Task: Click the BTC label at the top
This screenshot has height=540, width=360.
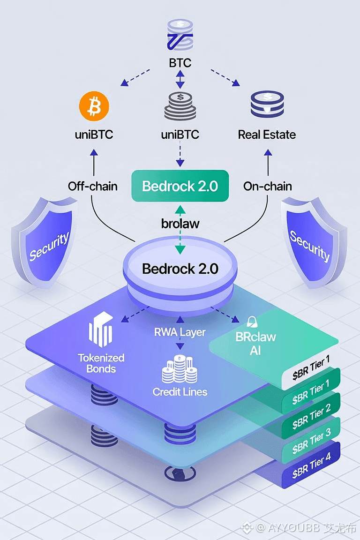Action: pyautogui.click(x=180, y=63)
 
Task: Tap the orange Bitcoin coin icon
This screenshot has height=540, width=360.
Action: pyautogui.click(x=94, y=106)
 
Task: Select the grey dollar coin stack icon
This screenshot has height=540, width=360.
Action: pyautogui.click(x=180, y=106)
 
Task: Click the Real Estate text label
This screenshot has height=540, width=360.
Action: pyautogui.click(x=267, y=135)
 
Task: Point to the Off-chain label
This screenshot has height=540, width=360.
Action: pyautogui.click(x=93, y=186)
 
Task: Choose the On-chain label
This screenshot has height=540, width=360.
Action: pyautogui.click(x=268, y=186)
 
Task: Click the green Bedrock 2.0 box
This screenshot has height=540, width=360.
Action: pyautogui.click(x=180, y=186)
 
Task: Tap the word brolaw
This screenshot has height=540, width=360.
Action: pyautogui.click(x=180, y=224)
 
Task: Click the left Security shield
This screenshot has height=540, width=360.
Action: pyautogui.click(x=45, y=241)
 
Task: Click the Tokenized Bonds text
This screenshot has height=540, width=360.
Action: pyautogui.click(x=101, y=363)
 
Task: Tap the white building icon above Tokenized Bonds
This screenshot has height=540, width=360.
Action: pyautogui.click(x=101, y=329)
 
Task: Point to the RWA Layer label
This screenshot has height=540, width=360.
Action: pyautogui.click(x=180, y=332)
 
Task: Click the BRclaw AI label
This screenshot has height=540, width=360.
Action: pyautogui.click(x=255, y=343)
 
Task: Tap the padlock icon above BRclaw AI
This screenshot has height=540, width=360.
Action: pyautogui.click(x=252, y=322)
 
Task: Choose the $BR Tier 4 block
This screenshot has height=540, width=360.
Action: pyautogui.click(x=311, y=465)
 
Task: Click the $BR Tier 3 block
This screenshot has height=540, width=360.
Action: pyautogui.click(x=311, y=441)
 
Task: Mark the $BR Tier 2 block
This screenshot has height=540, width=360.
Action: pyautogui.click(x=311, y=416)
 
